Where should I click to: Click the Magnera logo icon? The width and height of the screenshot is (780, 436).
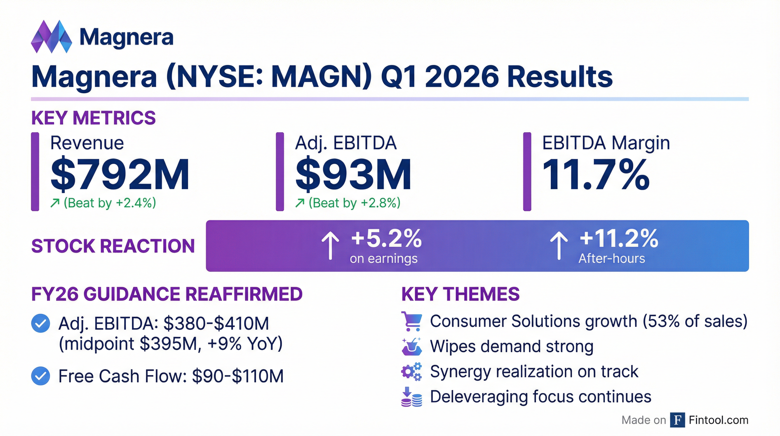[x=52, y=37]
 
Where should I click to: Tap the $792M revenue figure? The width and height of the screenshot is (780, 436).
[x=120, y=174]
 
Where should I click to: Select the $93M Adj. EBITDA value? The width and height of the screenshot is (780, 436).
[x=353, y=174]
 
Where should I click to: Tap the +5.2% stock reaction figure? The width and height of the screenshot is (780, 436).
[x=386, y=238]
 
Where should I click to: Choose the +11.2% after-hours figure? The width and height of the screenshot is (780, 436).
[x=619, y=238]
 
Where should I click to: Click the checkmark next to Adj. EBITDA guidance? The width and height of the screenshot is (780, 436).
[x=41, y=324]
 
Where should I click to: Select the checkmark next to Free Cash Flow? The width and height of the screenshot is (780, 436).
[x=41, y=376]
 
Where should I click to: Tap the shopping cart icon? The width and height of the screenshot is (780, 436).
[x=411, y=321]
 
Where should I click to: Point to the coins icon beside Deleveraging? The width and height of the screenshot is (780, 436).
[x=411, y=397]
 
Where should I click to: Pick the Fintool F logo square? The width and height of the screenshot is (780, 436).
[x=678, y=420]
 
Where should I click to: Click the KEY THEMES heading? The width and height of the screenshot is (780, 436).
[x=461, y=294]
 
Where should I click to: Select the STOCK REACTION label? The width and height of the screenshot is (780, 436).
[x=113, y=246]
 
